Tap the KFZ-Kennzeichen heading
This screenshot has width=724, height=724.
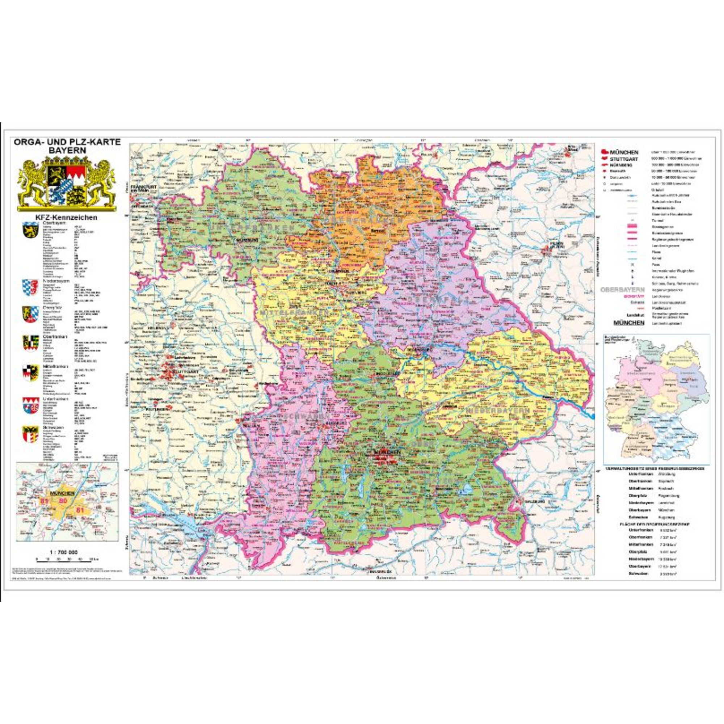[x=66, y=217]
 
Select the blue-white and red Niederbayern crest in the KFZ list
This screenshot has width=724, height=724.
[x=30, y=287]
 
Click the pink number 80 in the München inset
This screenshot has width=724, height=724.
[x=63, y=501]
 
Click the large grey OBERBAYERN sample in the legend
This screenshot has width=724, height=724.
[x=622, y=290]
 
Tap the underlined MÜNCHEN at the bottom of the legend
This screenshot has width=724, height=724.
[x=628, y=323]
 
